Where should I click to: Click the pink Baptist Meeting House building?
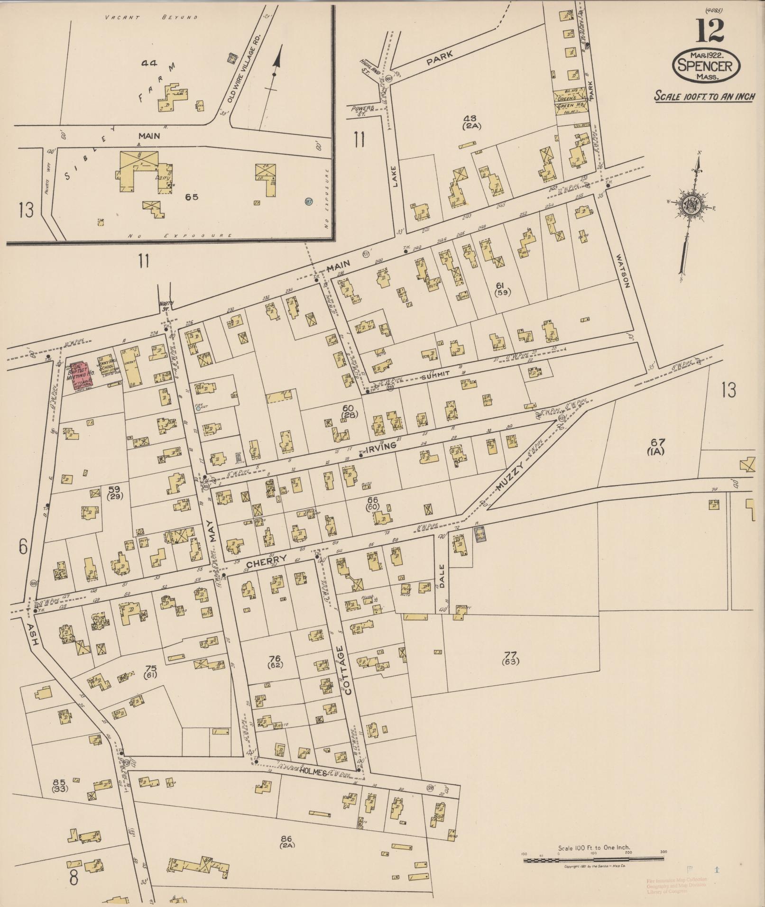[81, 376]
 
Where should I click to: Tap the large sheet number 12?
[710, 30]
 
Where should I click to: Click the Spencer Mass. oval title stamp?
[705, 66]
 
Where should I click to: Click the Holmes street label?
[313, 772]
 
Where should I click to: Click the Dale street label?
[442, 576]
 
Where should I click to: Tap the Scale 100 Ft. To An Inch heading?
[704, 96]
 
